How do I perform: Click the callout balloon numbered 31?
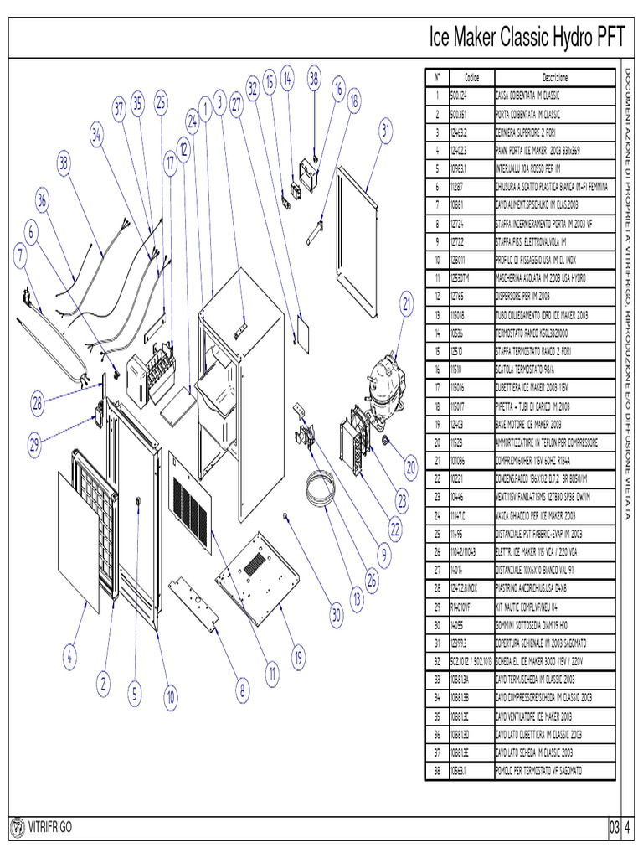[385, 130]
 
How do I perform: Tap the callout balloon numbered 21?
[408, 304]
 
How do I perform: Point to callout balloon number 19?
[299, 659]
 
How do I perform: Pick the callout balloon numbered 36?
[43, 200]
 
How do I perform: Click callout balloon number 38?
[314, 79]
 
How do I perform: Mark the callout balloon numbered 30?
[336, 615]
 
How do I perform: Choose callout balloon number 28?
[38, 403]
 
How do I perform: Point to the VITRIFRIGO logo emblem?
[17, 828]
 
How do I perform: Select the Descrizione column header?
[555, 76]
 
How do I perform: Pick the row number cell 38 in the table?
[437, 770]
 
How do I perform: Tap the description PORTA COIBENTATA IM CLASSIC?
[528, 114]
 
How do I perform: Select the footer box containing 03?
[615, 828]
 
